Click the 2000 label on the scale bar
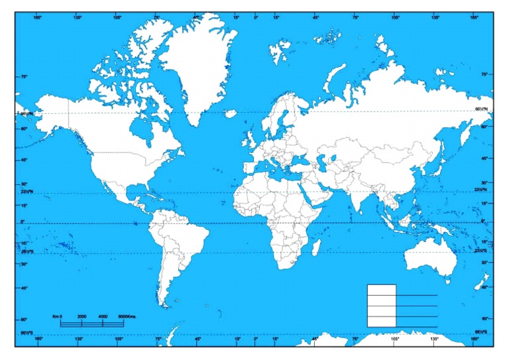coord(82,317)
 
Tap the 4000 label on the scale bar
coord(103,317)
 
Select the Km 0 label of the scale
coord(57,317)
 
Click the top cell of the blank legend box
coord(381,290)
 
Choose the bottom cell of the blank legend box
coord(381,322)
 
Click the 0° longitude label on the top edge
coord(256,18)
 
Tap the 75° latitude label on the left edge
coord(24,76)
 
